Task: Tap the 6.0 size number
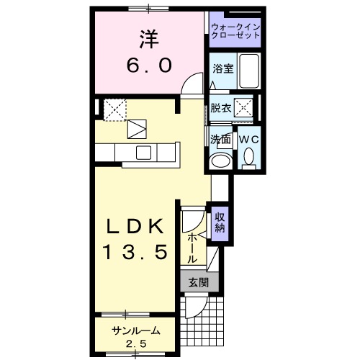pyautogui.click(x=150, y=66)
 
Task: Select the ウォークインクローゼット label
pyautogui.click(x=235, y=30)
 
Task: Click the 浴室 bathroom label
pyautogui.click(x=222, y=68)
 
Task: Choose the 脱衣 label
pyautogui.click(x=220, y=109)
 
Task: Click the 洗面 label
pyautogui.click(x=220, y=139)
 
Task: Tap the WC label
pyautogui.click(x=248, y=139)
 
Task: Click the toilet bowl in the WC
pyautogui.click(x=248, y=156)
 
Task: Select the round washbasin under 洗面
pyautogui.click(x=221, y=160)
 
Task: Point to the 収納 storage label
pyautogui.click(x=220, y=224)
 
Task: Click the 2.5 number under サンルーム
pyautogui.click(x=135, y=343)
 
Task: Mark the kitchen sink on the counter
pyautogui.click(x=142, y=152)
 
